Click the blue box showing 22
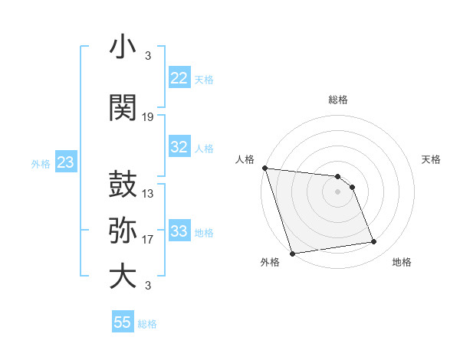179,77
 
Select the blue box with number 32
179,147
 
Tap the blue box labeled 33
179,231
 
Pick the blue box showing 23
65,162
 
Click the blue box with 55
123,322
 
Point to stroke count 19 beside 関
148,117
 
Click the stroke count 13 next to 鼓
148,194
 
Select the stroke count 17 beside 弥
148,240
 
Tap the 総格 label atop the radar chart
337,100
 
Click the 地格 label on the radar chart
402,262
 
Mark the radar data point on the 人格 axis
264,168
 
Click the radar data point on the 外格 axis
291,253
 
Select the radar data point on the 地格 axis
374,242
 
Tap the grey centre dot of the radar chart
337,191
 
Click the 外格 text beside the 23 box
41,164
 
